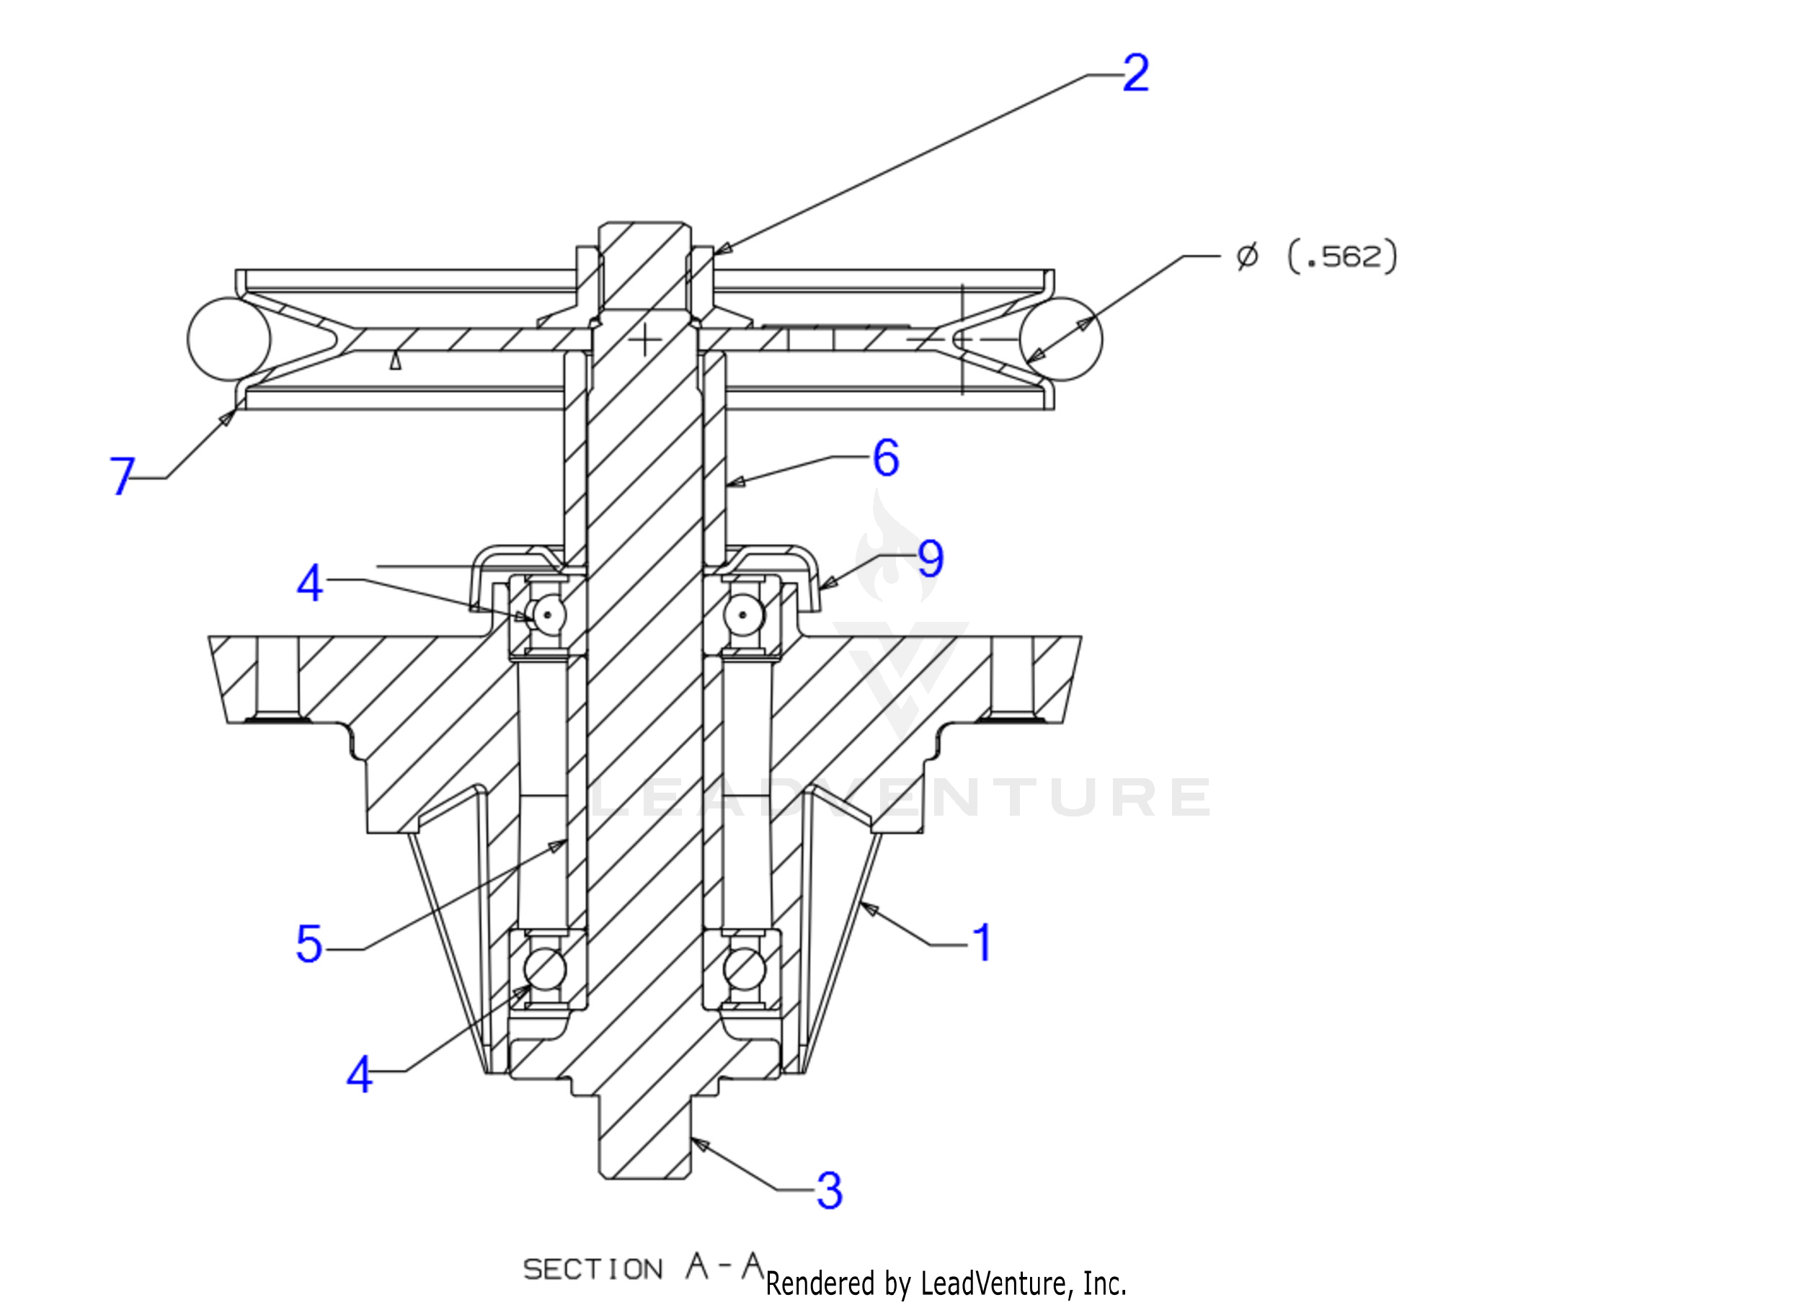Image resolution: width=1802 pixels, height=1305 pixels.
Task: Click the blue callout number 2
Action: click(1135, 74)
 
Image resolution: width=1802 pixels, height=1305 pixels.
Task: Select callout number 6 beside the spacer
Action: click(886, 458)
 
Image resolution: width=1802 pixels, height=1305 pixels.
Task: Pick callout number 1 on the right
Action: click(984, 942)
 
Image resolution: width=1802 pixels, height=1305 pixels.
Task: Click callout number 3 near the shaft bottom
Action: click(830, 1190)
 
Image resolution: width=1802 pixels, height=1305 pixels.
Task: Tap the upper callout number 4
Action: click(309, 584)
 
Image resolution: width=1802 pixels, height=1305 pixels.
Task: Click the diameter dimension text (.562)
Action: click(1342, 257)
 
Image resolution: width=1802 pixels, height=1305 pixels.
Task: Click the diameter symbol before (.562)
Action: click(1248, 257)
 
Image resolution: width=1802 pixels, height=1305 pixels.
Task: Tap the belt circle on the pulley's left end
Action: click(228, 339)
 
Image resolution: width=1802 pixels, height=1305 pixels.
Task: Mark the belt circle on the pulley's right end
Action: click(1061, 339)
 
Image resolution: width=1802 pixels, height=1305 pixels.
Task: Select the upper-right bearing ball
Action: click(744, 614)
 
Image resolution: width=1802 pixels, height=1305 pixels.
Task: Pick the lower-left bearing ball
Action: click(545, 969)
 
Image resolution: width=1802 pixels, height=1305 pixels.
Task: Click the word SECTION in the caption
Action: click(592, 1269)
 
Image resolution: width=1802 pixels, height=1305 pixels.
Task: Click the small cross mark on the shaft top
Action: click(645, 340)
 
